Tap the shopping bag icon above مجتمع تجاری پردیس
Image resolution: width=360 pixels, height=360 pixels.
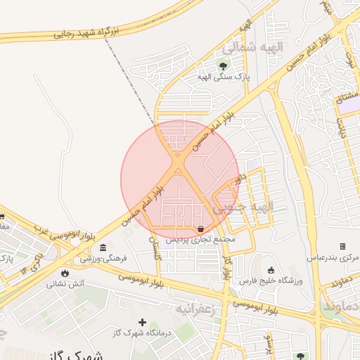coord(202,229)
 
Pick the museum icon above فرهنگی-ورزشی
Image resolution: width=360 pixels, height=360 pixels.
coord(103,248)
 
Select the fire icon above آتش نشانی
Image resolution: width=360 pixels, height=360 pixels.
coord(65,273)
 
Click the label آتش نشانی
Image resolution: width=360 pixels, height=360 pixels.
coord(65,284)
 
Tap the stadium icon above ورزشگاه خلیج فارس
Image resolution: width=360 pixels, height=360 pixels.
coord(271,271)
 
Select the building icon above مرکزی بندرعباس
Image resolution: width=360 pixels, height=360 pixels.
coord(342,247)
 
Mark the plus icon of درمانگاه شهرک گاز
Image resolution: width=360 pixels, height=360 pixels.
coord(142,321)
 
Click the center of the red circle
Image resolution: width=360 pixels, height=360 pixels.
coord(180,179)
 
